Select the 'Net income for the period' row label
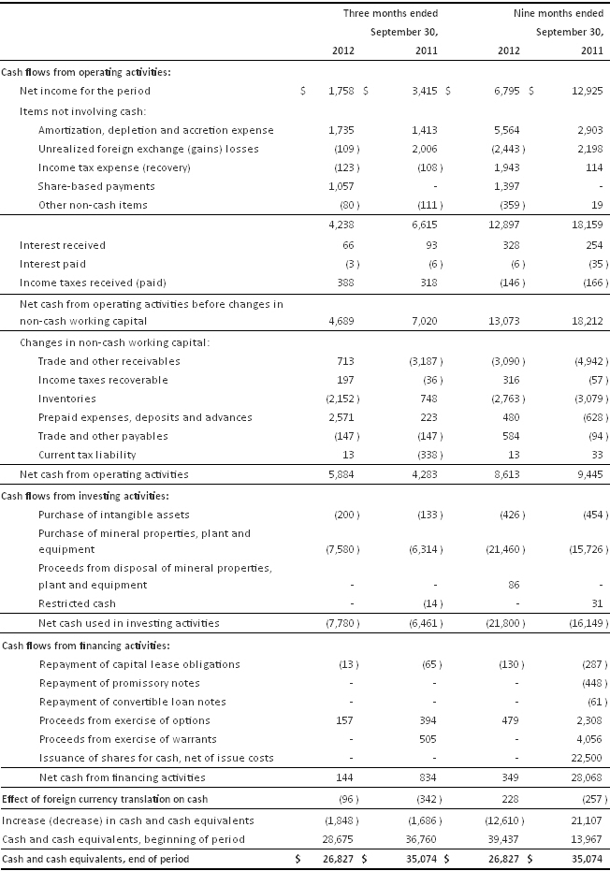pos(85,91)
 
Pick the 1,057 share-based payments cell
pos(339,186)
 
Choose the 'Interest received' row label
pos(63,244)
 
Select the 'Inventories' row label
pos(67,399)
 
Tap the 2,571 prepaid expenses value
pos(339,417)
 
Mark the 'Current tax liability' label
pos(87,455)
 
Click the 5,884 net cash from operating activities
pos(339,474)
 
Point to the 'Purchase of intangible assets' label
pos(113,515)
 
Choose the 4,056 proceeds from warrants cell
pos(586,739)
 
